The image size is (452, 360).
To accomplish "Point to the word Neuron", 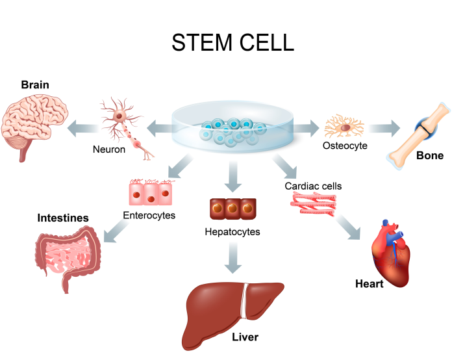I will (108, 149).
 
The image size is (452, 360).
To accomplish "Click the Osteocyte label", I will (345, 146).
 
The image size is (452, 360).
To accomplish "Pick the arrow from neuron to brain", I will (81, 127).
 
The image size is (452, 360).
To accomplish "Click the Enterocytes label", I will (149, 215).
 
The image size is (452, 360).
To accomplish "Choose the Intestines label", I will (63, 218).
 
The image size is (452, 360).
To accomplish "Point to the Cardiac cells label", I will (313, 186).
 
